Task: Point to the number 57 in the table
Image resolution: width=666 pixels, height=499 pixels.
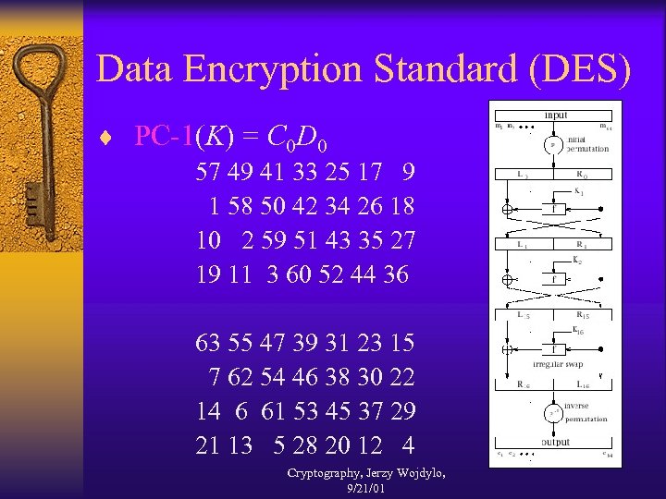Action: coord(209,172)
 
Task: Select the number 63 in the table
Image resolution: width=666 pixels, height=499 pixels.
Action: coord(209,343)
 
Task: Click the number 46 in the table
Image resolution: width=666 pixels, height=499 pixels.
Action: coord(317,377)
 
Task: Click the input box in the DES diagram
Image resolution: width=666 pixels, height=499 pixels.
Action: coord(556,116)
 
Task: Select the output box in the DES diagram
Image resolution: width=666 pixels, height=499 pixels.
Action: coord(556,442)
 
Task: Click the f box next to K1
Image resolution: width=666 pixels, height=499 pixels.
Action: coord(556,209)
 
